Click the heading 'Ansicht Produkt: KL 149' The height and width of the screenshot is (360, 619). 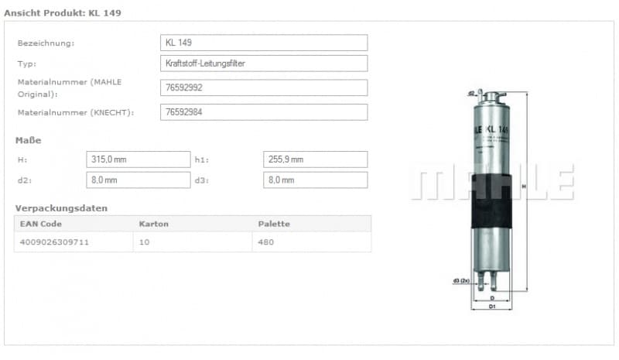click(63, 13)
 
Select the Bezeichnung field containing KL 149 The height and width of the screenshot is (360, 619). click(264, 43)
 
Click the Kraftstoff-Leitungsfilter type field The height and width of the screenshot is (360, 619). click(264, 63)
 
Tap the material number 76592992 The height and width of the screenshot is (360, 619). click(264, 87)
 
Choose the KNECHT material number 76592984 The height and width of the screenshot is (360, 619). click(264, 112)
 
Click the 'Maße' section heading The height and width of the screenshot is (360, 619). click(29, 140)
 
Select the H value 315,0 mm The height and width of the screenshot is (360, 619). click(138, 159)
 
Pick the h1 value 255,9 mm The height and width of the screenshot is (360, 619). click(315, 159)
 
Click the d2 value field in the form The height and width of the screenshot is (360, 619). click(138, 180)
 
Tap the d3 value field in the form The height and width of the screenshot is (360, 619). click(315, 180)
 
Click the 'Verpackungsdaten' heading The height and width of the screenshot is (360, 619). click(61, 208)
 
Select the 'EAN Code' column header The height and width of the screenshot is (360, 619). click(41, 224)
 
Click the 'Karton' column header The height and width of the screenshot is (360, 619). click(153, 224)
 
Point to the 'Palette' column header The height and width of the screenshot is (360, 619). click(274, 224)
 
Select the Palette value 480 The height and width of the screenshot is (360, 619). click(266, 242)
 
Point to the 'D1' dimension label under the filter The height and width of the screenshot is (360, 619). click(492, 307)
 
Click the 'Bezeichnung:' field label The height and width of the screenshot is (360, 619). click(46, 43)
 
